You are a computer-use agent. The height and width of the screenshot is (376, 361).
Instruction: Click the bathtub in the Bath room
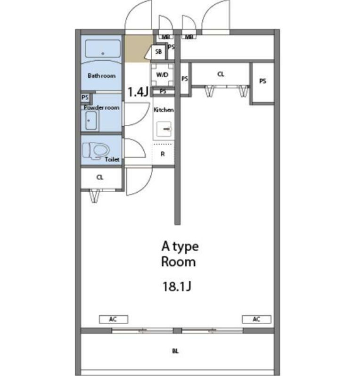point(103,49)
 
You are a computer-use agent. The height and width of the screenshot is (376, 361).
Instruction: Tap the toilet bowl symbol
point(96,151)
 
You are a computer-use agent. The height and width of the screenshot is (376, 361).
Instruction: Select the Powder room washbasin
point(91,120)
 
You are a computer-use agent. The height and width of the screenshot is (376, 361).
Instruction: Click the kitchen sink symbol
point(164,129)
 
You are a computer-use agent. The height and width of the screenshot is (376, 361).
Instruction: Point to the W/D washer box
point(162,75)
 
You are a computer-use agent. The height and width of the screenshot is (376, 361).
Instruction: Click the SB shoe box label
point(158,51)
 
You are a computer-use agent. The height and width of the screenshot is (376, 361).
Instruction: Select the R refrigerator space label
point(163,154)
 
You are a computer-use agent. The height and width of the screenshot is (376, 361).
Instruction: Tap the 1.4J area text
point(138,91)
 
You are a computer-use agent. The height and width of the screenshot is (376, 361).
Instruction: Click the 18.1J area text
point(177,286)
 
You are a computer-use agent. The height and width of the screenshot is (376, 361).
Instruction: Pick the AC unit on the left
point(114,319)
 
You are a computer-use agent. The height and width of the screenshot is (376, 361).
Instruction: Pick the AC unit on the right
point(256,319)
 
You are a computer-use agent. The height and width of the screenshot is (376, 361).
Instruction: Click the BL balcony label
point(175,351)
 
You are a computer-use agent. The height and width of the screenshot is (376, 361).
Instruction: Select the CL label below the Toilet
point(100,177)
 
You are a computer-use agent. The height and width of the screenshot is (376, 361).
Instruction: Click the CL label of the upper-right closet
point(221,74)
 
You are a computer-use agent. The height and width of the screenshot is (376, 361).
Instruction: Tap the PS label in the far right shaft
point(263,81)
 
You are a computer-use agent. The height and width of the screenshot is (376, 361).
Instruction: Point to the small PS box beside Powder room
point(85,98)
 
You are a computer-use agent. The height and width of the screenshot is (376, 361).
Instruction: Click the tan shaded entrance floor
point(137,49)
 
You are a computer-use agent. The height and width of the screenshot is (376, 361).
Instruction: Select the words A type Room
point(180,253)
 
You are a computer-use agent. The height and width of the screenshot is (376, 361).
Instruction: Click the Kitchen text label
point(164,110)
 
